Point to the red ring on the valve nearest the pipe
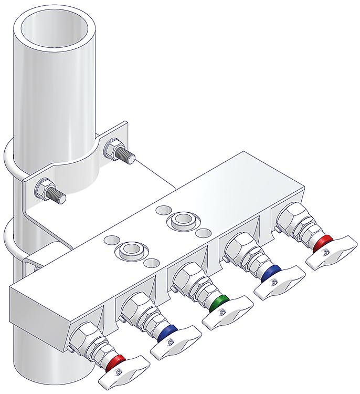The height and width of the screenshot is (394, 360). tap(117, 361)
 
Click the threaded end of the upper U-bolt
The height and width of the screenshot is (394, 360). tap(128, 156)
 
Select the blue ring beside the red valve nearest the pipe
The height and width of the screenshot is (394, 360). tap(167, 331)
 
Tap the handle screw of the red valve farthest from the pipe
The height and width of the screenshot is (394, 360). tap(326, 253)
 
